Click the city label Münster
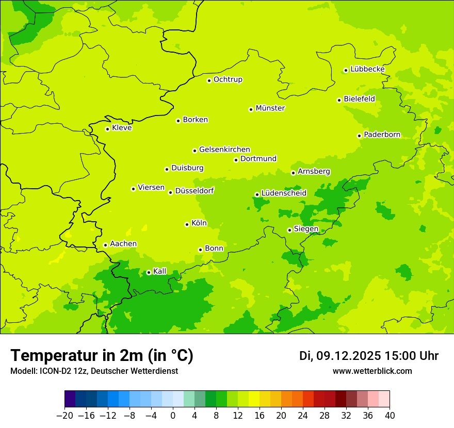coord(270,108)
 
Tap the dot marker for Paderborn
coord(359,136)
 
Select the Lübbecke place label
coord(367,69)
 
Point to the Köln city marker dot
coord(187,224)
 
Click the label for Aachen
coord(123,244)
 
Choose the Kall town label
coord(160,271)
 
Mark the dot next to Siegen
coord(289,230)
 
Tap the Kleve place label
coord(122,128)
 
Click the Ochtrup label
coord(228,79)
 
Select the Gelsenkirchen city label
coord(224,150)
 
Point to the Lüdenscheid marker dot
coord(257,194)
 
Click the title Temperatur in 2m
coord(102,356)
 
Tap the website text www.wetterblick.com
coord(372,371)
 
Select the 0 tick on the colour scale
coord(172,416)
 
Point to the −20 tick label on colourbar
coord(64,416)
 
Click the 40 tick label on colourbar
coord(390,416)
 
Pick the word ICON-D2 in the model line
coord(52,371)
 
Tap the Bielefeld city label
coord(359,98)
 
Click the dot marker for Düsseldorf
coord(170,192)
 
